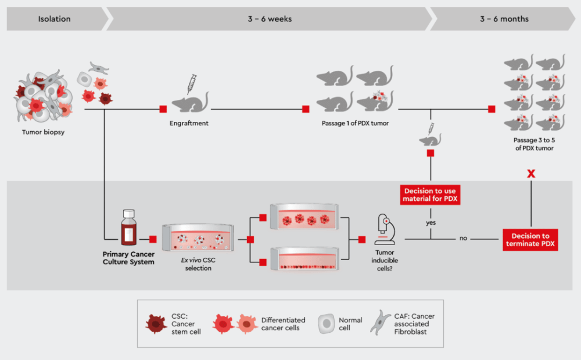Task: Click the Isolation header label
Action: pyautogui.click(x=55, y=19)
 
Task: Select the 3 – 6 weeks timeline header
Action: pyautogui.click(x=270, y=19)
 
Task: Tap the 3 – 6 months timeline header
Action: pyautogui.click(x=504, y=19)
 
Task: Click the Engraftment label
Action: pyautogui.click(x=189, y=123)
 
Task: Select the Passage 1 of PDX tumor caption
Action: pyautogui.click(x=354, y=123)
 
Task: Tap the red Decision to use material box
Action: pyautogui.click(x=430, y=195)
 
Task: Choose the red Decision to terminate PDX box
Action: pyautogui.click(x=530, y=240)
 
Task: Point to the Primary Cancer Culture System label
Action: pyautogui.click(x=128, y=258)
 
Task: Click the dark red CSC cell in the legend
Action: pyautogui.click(x=157, y=324)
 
